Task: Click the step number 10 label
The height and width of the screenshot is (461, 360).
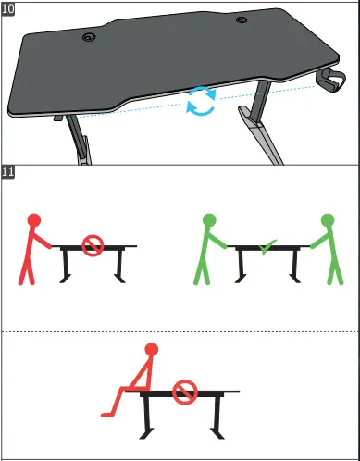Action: [x=8, y=8]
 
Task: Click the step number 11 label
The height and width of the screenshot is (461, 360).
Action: [x=8, y=173]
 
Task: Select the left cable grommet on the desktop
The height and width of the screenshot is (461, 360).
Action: [x=90, y=37]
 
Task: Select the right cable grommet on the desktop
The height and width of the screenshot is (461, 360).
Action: [x=241, y=20]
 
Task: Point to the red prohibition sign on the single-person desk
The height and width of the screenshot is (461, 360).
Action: [x=92, y=246]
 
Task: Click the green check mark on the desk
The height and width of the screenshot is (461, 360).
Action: [x=268, y=248]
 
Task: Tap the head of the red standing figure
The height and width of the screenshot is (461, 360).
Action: [x=34, y=220]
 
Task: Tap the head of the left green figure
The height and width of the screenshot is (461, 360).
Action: [x=209, y=220]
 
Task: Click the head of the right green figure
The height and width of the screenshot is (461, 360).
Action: [x=327, y=220]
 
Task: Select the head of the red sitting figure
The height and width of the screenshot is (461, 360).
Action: [x=152, y=349]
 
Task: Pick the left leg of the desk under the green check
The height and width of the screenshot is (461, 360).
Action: [x=243, y=267]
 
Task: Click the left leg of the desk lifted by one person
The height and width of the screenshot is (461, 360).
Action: [x=68, y=267]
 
